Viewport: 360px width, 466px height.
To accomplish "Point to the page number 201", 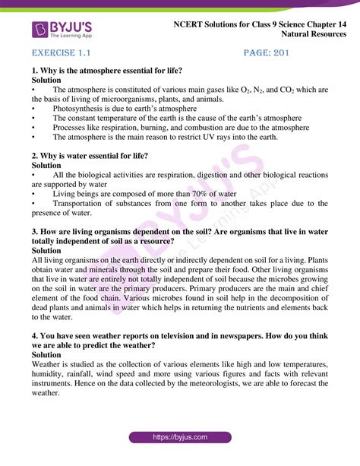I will coord(276,55).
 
